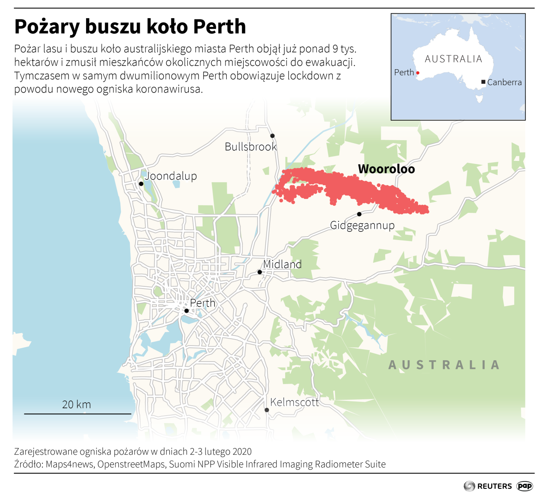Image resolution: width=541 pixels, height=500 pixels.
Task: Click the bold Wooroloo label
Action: pyautogui.click(x=386, y=169)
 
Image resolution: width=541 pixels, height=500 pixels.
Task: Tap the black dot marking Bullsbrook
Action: pyautogui.click(x=272, y=136)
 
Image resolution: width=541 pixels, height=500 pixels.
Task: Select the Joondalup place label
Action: pyautogui.click(x=171, y=176)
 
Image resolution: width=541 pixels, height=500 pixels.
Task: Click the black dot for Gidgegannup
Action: pyautogui.click(x=359, y=214)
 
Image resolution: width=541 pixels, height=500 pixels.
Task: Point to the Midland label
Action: pyautogui.click(x=282, y=264)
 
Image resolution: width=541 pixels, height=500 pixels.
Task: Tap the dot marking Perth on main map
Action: pyautogui.click(x=187, y=311)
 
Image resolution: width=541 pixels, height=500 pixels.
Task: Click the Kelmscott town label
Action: pyautogui.click(x=294, y=402)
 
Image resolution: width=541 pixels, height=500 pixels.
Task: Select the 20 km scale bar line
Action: pyautogui.click(x=77, y=414)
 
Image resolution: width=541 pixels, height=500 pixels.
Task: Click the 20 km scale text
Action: pyautogui.click(x=77, y=404)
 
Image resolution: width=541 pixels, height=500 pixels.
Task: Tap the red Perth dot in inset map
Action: pyautogui.click(x=418, y=73)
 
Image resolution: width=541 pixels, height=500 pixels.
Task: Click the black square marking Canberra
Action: pyautogui.click(x=483, y=82)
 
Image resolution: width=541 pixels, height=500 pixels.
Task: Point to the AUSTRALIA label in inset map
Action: pyautogui.click(x=453, y=59)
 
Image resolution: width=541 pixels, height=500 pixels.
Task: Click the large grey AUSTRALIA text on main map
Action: pyautogui.click(x=444, y=365)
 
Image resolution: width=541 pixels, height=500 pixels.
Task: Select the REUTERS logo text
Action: pyautogui.click(x=494, y=486)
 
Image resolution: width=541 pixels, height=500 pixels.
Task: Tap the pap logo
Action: pyautogui.click(x=525, y=486)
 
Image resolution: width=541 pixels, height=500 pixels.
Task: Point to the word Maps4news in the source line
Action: pyautogui.click(x=69, y=464)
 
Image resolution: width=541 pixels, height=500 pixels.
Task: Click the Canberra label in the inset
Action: pyautogui.click(x=504, y=82)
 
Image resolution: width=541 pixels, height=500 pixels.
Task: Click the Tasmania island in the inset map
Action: pyautogui.click(x=479, y=99)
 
